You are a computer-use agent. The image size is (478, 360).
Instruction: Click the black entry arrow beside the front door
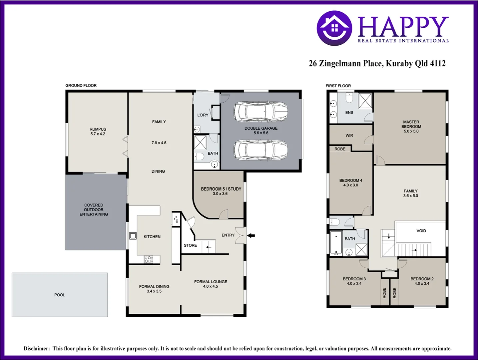(251, 236)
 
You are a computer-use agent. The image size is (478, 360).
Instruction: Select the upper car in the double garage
(260, 112)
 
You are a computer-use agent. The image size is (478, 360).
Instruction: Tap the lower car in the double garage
(260, 150)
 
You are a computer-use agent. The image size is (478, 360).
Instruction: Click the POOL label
(60, 295)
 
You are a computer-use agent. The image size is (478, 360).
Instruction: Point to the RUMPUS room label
(98, 129)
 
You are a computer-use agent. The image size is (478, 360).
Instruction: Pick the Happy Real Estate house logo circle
(334, 28)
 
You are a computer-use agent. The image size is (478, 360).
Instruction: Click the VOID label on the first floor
(421, 231)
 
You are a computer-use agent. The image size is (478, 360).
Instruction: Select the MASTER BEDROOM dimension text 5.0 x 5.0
(411, 131)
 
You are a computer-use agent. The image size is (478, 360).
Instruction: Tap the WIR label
(349, 135)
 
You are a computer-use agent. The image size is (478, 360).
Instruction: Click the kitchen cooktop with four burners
(148, 259)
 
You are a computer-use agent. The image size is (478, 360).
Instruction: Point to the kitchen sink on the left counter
(133, 236)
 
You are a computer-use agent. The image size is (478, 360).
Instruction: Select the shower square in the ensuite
(365, 100)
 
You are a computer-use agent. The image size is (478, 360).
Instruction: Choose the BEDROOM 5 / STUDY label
(221, 189)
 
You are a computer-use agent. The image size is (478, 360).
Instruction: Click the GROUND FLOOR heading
(81, 86)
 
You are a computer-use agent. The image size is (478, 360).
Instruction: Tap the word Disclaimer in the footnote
(36, 349)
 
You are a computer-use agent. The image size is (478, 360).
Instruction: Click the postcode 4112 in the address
(438, 63)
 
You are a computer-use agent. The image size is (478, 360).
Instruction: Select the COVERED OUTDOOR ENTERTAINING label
(94, 210)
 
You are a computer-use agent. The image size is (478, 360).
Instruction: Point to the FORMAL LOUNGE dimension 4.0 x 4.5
(211, 286)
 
